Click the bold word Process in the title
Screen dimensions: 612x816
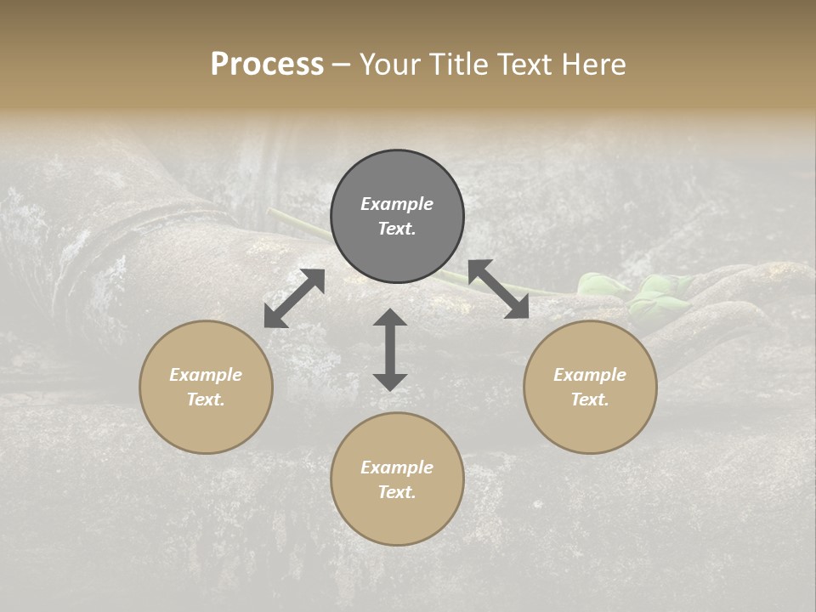coord(267,65)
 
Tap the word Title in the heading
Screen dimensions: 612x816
coord(459,65)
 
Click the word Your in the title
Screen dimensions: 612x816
coord(390,65)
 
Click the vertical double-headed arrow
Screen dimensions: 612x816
coord(390,349)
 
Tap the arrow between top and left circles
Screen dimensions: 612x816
coord(294,298)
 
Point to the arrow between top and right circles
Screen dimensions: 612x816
coord(498,289)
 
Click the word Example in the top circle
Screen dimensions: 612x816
coord(397,204)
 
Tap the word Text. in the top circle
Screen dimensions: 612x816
coord(397,229)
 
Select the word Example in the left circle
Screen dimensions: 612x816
coord(206,375)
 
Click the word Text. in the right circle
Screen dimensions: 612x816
coord(590,399)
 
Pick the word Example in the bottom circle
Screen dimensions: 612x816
coord(397,467)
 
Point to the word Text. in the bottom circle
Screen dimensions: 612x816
coord(397,492)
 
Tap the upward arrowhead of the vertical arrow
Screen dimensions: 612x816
coord(390,318)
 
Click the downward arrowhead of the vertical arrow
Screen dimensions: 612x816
coord(390,381)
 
